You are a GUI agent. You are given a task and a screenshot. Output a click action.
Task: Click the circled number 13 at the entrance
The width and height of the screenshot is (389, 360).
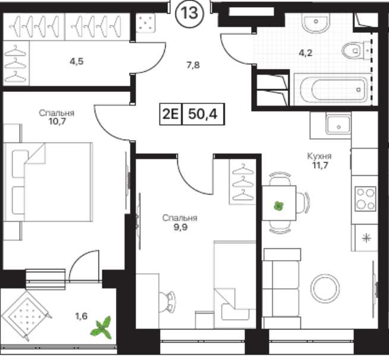[x=190, y=13]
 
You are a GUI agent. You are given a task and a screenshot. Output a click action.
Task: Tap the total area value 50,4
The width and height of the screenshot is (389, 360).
[x=203, y=114]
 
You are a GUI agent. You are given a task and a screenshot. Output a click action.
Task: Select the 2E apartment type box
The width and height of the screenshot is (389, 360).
[x=171, y=114]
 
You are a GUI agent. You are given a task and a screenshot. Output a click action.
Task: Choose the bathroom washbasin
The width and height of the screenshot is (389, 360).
[x=316, y=23]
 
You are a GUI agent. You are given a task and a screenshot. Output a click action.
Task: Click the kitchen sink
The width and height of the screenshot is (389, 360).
[x=338, y=125]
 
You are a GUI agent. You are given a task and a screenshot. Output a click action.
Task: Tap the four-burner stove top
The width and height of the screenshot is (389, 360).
[x=365, y=199]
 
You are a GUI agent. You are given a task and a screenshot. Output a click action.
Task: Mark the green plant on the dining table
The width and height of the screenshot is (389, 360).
[x=278, y=206]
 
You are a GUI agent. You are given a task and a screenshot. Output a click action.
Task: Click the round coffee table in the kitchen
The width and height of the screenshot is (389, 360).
[x=325, y=288]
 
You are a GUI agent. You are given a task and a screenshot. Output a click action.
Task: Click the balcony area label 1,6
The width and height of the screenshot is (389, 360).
[x=81, y=316]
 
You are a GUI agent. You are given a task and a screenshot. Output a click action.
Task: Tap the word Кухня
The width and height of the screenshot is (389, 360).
[x=319, y=156]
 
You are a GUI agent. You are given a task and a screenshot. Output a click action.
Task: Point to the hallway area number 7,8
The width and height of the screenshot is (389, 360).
[x=193, y=65]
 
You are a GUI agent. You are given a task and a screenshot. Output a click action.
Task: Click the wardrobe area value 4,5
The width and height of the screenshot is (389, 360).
[x=76, y=61]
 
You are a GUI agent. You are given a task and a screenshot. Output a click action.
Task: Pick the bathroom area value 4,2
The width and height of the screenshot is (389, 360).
[x=305, y=53]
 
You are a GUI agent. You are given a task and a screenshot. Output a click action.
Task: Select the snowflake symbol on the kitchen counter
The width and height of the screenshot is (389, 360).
[x=366, y=238]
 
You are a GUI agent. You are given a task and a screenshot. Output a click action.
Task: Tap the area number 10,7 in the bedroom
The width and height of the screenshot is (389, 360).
[x=57, y=121]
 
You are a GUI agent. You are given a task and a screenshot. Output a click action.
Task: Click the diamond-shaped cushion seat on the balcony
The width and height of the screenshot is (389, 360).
[x=27, y=316]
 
